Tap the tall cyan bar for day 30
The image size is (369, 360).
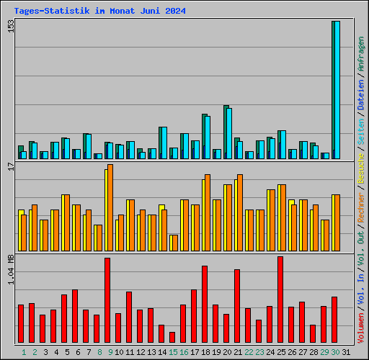pyautogui.click(x=337, y=90)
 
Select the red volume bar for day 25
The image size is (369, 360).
pyautogui.click(x=280, y=300)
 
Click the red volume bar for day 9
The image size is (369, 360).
pyautogui.click(x=107, y=300)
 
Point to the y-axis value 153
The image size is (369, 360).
pyautogui.click(x=10, y=26)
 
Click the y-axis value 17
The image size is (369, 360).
pyautogui.click(x=10, y=167)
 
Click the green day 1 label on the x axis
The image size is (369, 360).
pyautogui.click(x=24, y=352)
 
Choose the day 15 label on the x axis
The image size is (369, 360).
pyautogui.click(x=173, y=352)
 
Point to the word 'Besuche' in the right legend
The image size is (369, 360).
pyautogui.click(x=361, y=168)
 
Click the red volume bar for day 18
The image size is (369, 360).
pyautogui.click(x=205, y=305)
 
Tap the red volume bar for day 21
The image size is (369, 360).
pyautogui.click(x=237, y=306)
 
